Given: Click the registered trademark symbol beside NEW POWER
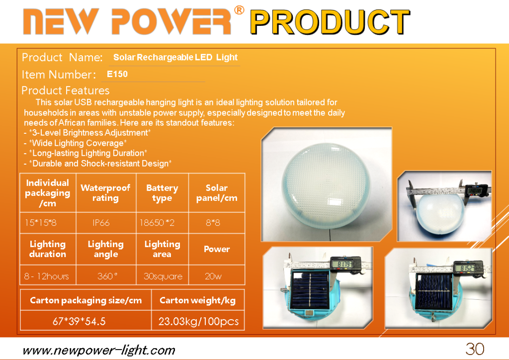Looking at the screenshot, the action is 239,10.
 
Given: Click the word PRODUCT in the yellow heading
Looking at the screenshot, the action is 330,22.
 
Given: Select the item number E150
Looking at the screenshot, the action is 117,74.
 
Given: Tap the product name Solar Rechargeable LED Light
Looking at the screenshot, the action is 175,58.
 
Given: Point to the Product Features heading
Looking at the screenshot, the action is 66,90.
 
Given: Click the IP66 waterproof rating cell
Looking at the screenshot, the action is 101,223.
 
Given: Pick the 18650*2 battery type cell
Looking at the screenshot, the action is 157,223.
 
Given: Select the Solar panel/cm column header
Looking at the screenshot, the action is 217,193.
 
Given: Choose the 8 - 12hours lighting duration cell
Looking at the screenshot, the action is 46,276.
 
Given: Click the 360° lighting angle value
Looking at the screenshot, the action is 107,276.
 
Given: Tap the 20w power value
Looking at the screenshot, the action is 213,276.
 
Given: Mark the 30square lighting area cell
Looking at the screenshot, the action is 163,276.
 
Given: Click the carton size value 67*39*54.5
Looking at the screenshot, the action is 79,321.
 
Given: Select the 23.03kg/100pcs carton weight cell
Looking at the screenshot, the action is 198,321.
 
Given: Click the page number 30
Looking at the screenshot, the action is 475,349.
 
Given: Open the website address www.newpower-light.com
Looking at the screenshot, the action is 99,350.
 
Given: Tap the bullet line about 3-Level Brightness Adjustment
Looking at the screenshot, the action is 87,133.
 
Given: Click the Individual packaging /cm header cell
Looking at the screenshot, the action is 48,193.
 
